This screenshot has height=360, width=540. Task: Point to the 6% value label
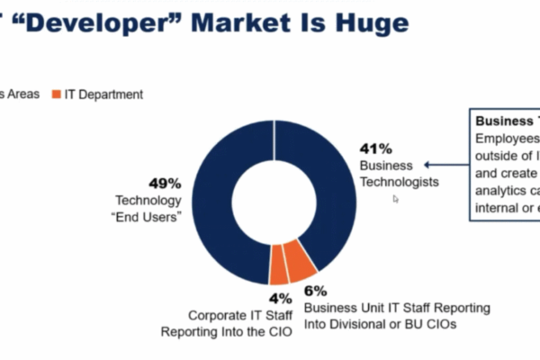pos(315,291)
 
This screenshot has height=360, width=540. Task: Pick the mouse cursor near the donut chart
pos(396,199)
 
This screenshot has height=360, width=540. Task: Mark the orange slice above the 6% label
pos(301,262)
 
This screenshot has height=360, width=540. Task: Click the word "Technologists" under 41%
pos(399,182)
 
